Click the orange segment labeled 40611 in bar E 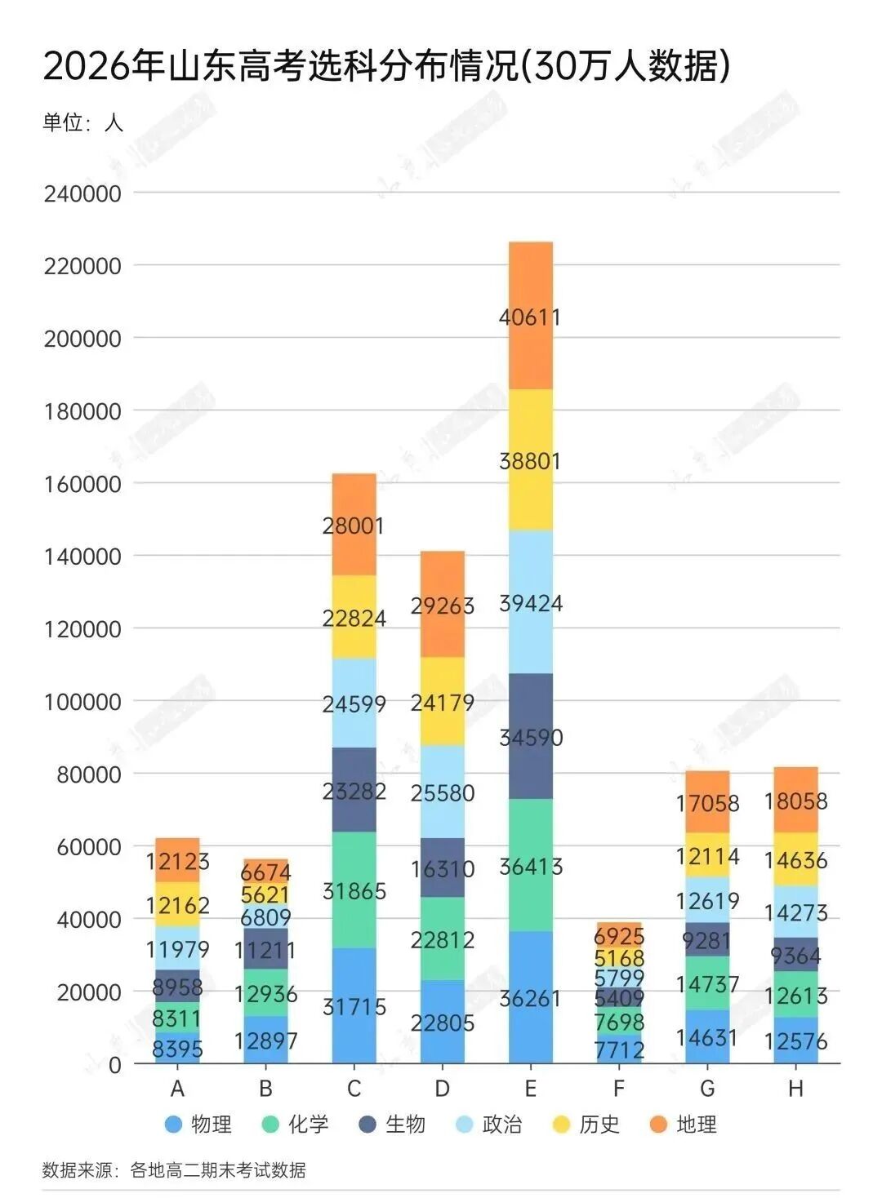(530, 316)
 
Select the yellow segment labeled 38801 (530, 460)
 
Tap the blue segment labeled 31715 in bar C (354, 1005)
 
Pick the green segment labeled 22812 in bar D (442, 939)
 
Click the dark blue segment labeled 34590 (530, 737)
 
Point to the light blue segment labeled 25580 (442, 792)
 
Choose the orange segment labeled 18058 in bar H (795, 801)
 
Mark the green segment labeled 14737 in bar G (707, 984)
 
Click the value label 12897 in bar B (265, 1040)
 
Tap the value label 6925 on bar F (619, 935)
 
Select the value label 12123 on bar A (177, 861)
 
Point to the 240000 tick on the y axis (82, 193)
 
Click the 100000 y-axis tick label (82, 701)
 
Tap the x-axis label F (619, 1089)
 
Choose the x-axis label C (354, 1089)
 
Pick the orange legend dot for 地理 (658, 1125)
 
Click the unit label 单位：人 (82, 122)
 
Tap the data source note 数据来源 (174, 1170)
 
